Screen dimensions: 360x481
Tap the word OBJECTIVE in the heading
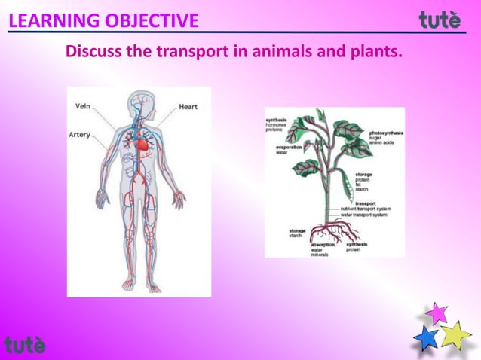[152, 20]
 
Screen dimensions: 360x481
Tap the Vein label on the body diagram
[84, 107]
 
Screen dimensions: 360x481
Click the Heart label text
[188, 107]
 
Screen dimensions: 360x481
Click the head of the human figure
[139, 102]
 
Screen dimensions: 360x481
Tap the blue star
[427, 338]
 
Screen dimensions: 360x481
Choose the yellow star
[455, 334]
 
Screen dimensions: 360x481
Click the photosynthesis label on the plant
[386, 133]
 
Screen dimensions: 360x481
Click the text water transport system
[363, 215]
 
